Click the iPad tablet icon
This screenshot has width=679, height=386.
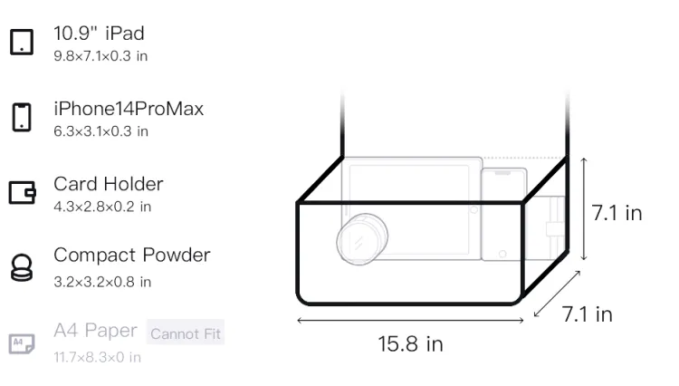pos(22,42)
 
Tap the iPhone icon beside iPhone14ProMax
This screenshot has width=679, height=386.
pos(22,117)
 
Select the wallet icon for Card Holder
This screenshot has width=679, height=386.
pos(22,192)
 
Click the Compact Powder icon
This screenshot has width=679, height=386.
pos(22,267)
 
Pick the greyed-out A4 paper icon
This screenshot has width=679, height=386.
pos(22,343)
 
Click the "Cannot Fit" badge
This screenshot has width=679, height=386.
pos(186,333)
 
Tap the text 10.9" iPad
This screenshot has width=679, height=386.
pos(99,34)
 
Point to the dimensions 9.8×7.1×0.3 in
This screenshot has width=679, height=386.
pos(100,56)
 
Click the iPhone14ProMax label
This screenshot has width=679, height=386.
pos(129,109)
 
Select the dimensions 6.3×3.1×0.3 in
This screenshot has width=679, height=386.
pos(100,131)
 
